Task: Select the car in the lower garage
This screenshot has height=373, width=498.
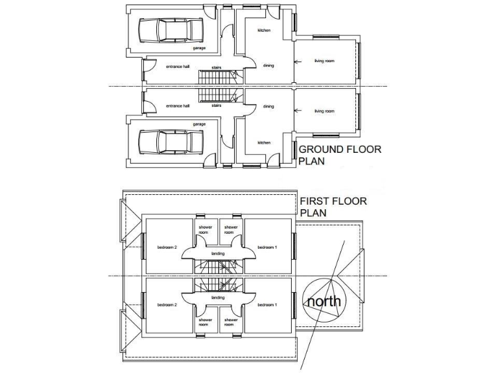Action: (170, 141)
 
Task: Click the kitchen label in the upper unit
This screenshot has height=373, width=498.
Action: (263, 30)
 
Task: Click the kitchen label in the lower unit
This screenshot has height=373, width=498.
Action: (263, 142)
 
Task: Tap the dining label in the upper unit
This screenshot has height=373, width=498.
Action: (268, 65)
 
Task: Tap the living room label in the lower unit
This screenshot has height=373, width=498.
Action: (325, 111)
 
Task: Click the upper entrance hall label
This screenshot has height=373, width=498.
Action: (177, 67)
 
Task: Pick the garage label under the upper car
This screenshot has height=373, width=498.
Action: (199, 49)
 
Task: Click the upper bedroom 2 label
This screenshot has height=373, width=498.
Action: (167, 247)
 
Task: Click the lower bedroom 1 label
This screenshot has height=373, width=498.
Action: (267, 304)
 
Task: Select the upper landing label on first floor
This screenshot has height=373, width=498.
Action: (218, 253)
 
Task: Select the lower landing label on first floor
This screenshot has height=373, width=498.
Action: (218, 298)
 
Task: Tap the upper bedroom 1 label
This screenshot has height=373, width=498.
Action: (267, 247)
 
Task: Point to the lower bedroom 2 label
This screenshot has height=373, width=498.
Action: (167, 304)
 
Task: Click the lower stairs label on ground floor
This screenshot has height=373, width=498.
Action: (217, 105)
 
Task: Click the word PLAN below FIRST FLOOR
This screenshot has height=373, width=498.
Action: (313, 212)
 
